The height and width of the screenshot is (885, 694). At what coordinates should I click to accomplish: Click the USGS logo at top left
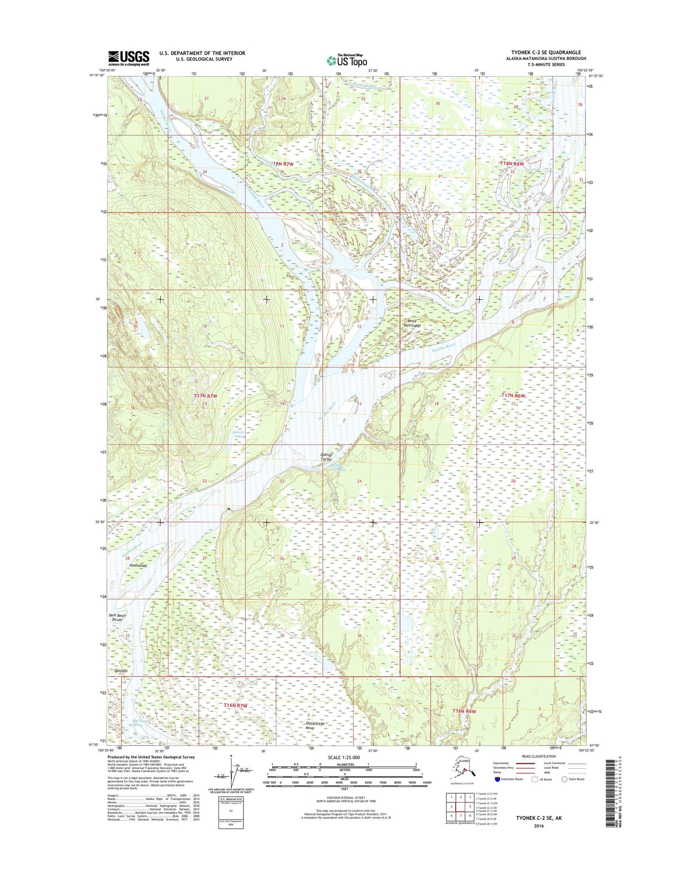click(x=128, y=58)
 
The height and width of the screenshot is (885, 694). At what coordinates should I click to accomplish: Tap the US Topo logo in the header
click(x=347, y=60)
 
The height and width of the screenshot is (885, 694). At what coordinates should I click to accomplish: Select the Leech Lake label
click(x=239, y=434)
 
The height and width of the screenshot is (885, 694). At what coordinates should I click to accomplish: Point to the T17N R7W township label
click(x=206, y=396)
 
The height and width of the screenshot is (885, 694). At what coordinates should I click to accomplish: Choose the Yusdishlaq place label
click(x=137, y=566)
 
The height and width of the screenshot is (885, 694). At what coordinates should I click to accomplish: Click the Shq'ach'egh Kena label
click(x=315, y=726)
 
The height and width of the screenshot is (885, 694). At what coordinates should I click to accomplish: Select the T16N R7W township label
click(x=235, y=705)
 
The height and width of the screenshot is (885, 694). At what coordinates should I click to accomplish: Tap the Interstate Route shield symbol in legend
click(x=498, y=779)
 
